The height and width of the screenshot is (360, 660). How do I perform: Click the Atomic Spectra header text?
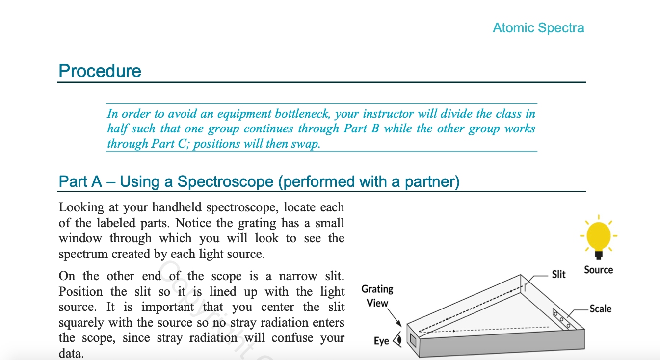[538, 28]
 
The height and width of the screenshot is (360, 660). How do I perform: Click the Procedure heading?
[100, 71]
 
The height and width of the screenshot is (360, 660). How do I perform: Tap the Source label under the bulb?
[598, 270]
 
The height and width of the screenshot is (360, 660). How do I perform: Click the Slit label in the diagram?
[559, 274]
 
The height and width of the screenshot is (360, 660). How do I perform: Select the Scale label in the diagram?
[600, 309]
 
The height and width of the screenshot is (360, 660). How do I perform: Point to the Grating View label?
[377, 296]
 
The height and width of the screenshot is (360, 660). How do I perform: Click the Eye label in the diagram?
[381, 341]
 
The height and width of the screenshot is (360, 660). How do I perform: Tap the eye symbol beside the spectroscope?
[397, 339]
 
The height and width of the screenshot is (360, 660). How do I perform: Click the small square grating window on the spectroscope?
[413, 340]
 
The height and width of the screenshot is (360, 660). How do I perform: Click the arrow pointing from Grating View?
[397, 319]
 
